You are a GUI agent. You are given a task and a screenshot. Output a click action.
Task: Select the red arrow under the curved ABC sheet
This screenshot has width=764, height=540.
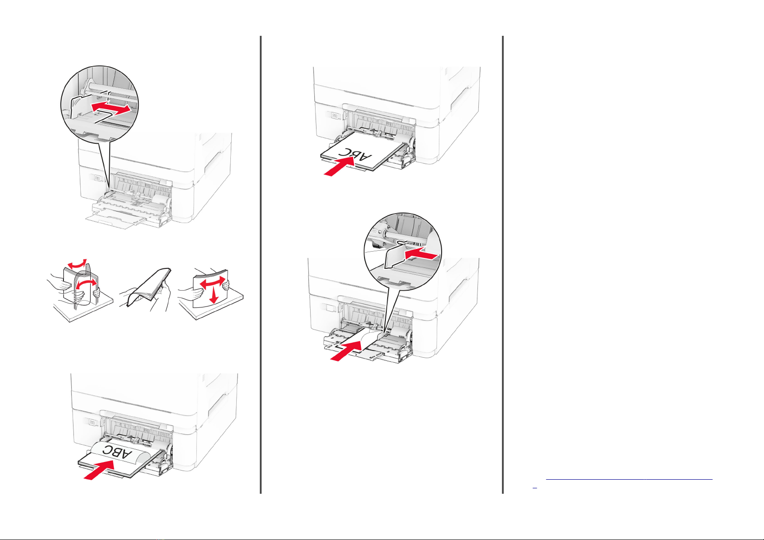coord(99,470)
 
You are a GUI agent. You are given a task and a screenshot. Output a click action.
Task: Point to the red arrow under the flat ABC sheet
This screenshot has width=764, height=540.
coord(339,166)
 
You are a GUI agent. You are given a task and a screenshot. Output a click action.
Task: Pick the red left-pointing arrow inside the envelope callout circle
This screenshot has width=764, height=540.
coord(421,254)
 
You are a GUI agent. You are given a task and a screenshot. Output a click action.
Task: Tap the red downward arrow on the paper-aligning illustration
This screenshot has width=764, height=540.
coord(214,295)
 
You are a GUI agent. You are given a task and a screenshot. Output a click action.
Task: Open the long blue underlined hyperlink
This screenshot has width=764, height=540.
coord(629,479)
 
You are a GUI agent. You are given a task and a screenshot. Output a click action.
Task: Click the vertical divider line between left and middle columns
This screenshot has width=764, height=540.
coord(261,264)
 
